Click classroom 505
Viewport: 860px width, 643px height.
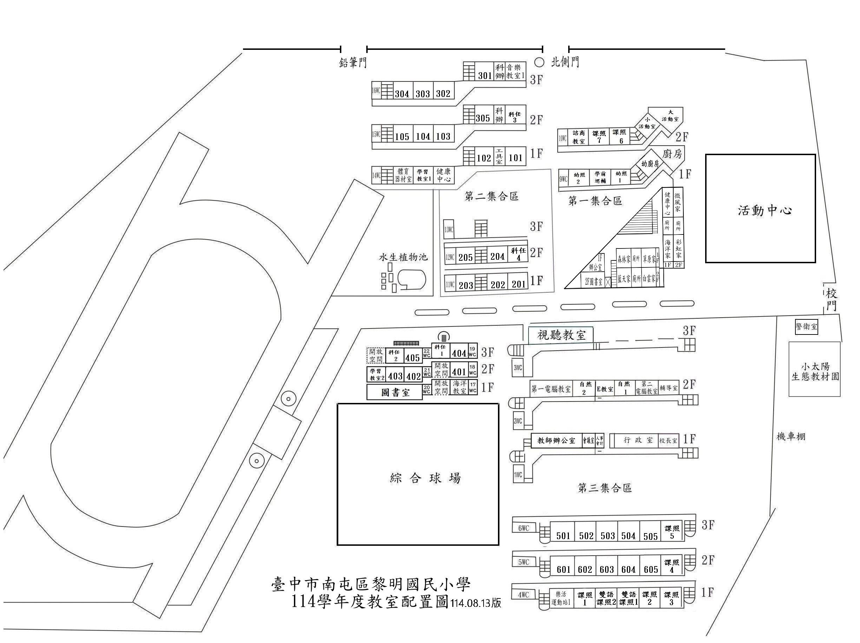pos(650,537)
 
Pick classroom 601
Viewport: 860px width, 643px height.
pos(563,570)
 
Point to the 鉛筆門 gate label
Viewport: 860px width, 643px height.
pos(353,62)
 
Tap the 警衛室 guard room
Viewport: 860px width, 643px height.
pos(806,327)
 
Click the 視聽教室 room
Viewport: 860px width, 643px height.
pos(561,335)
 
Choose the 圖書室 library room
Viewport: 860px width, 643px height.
pos(395,392)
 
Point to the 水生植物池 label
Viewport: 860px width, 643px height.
pos(403,257)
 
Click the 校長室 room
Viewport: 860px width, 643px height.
pos(668,440)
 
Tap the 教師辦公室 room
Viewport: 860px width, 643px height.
pos(556,440)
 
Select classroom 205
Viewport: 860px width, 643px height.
pos(465,257)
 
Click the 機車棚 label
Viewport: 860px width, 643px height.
pos(791,437)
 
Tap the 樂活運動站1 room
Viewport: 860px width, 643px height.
pos(561,599)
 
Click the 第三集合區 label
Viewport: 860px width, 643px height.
pos(605,488)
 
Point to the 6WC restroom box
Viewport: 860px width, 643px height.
pos(524,528)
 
